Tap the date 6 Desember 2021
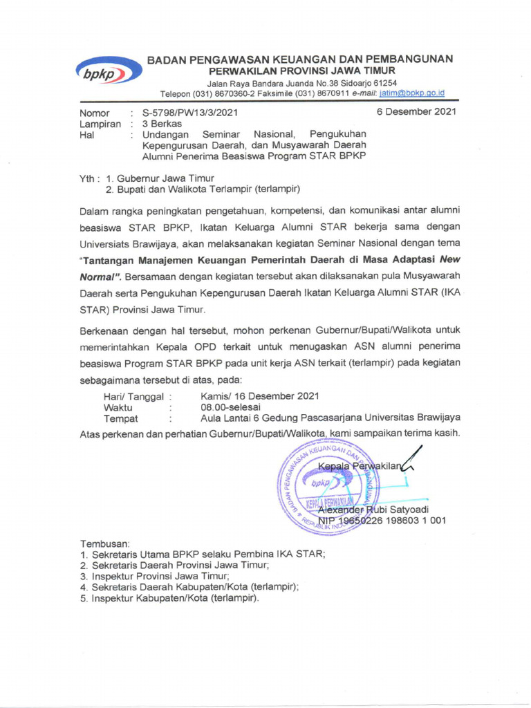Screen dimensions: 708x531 [x=416, y=112]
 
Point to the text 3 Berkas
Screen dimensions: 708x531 [x=162, y=124]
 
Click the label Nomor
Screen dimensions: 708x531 [x=95, y=113]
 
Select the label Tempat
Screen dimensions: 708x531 [x=120, y=418]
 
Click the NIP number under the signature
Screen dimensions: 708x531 [x=382, y=521]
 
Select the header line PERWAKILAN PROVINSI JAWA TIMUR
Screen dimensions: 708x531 [x=303, y=71]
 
